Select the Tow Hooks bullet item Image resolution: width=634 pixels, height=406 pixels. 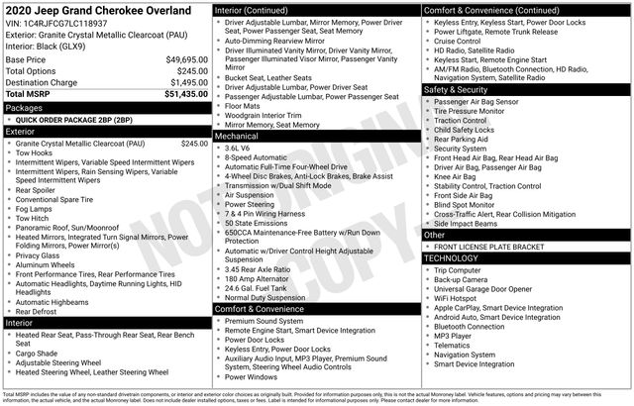[x=35, y=152]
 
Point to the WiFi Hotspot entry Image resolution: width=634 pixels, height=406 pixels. [x=458, y=297]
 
